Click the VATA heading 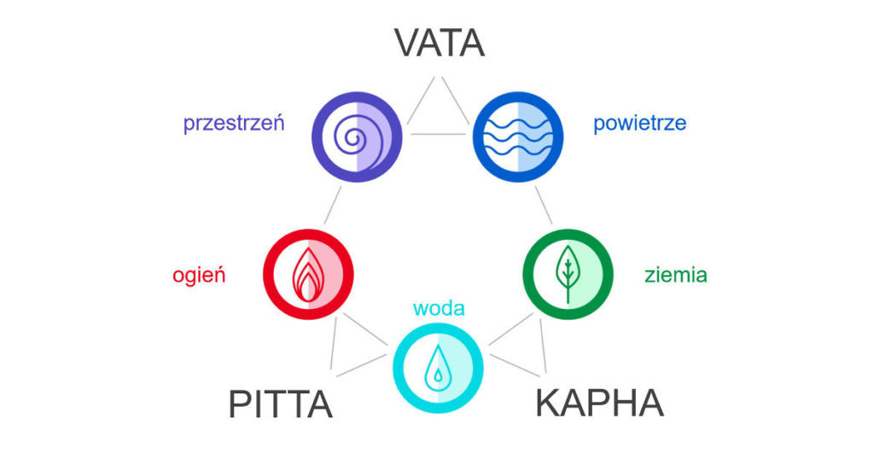click(x=439, y=43)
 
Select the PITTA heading click(x=280, y=404)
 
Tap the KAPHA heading click(x=599, y=403)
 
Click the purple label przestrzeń click(x=234, y=124)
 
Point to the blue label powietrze click(x=639, y=124)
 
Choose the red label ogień click(x=199, y=276)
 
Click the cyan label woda click(x=439, y=307)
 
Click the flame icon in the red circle click(x=308, y=274)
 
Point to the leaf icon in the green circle click(x=567, y=274)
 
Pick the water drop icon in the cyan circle click(x=438, y=367)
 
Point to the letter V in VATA click(x=408, y=43)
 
